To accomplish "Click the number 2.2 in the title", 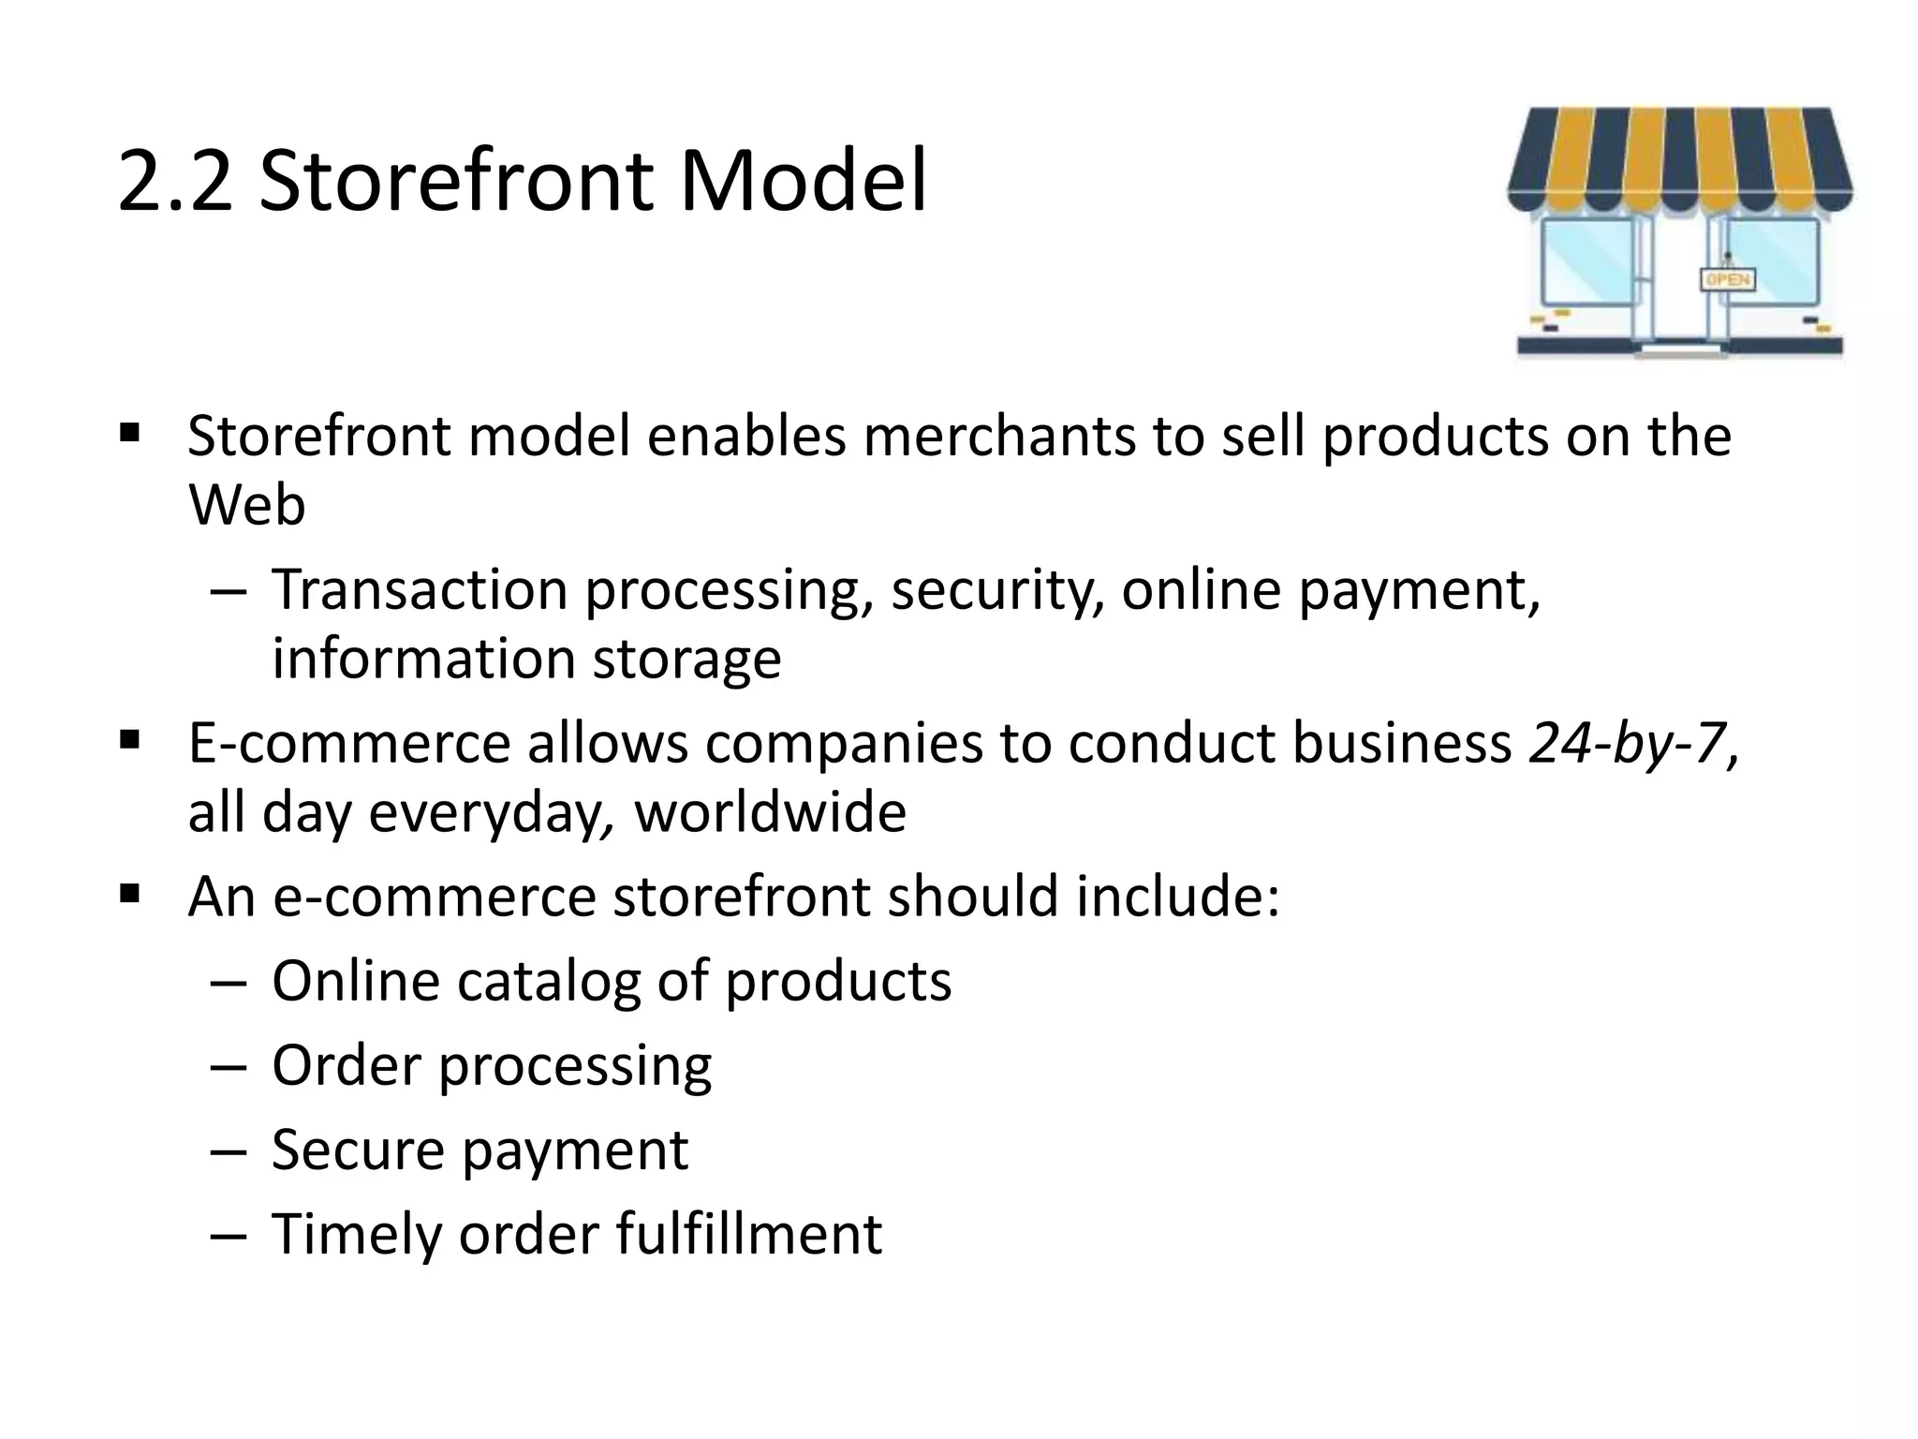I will (175, 181).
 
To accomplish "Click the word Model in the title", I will (804, 181).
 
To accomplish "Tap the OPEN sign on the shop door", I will (1727, 279).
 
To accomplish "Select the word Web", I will (246, 505).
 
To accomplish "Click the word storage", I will (686, 659).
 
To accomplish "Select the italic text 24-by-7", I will (1628, 744).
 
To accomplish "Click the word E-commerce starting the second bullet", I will (348, 744).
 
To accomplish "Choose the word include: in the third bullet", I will (1177, 897).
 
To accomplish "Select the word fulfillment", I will (749, 1234).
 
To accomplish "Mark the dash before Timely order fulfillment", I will (229, 1236).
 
